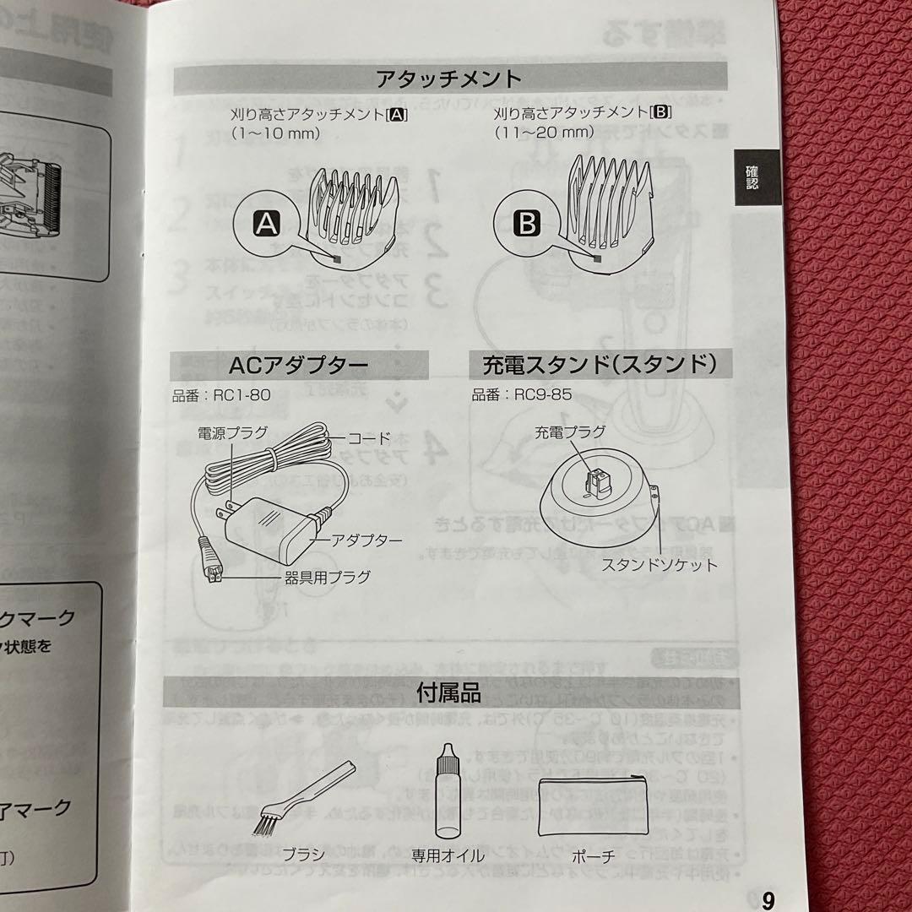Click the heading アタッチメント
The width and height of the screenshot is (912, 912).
(449, 79)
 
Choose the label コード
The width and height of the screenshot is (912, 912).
(370, 437)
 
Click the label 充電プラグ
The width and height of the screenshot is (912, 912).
(570, 432)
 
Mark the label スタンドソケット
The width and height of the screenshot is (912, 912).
(659, 565)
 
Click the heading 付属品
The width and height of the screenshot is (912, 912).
(448, 693)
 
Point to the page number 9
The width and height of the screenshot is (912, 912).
(767, 900)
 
